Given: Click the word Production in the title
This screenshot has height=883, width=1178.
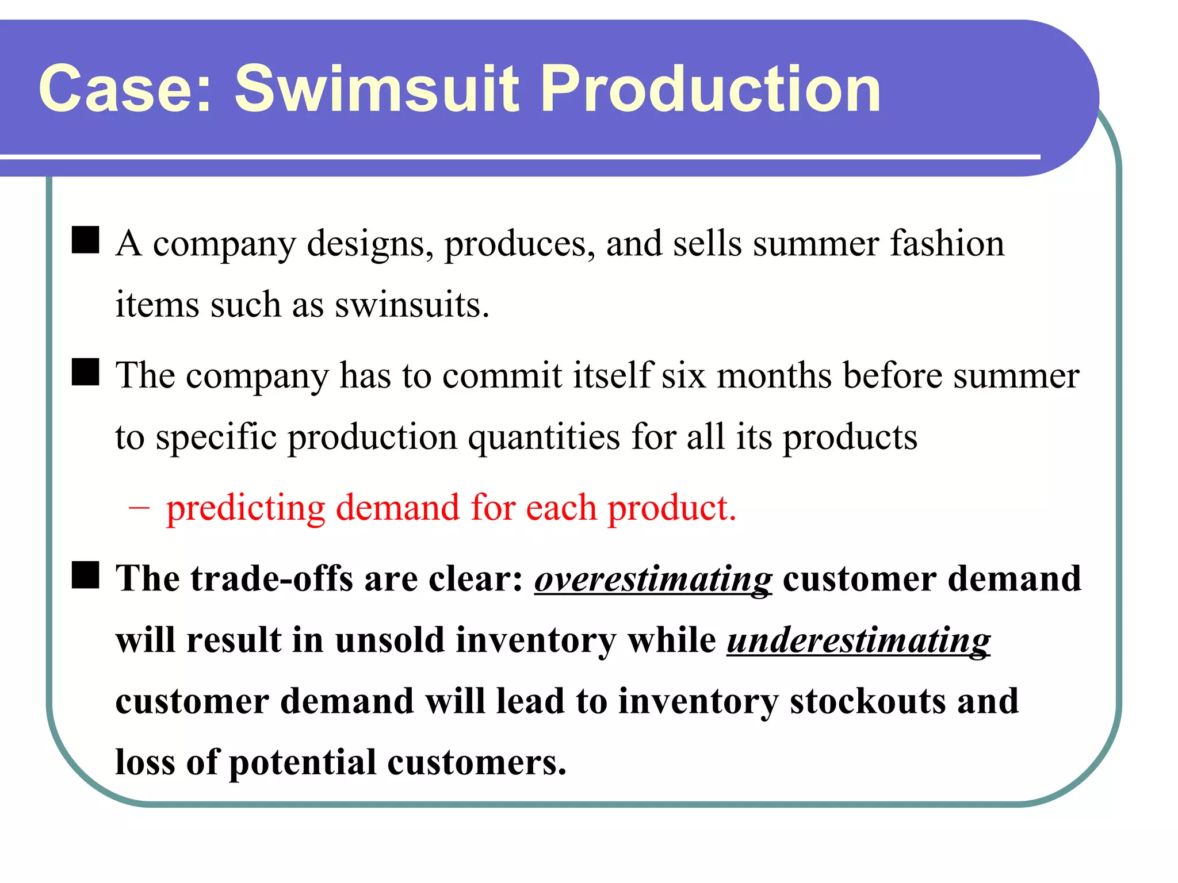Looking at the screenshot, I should coord(710,89).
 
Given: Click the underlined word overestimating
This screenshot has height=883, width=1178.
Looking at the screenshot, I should coord(653,578).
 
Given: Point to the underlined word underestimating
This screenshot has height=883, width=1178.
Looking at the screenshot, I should coord(858,640).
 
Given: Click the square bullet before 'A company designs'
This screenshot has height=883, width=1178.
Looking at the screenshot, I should coord(85,240).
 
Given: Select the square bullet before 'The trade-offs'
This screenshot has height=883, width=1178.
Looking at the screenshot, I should coord(85,575).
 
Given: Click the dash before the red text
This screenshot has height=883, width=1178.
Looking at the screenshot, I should coord(139,508).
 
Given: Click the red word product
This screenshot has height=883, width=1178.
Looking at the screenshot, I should coord(672,508).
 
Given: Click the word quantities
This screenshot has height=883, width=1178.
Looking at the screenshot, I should coord(544,437).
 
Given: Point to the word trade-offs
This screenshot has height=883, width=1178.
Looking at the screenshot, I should coord(271,578).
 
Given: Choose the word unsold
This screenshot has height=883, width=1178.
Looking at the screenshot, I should coord(389,640).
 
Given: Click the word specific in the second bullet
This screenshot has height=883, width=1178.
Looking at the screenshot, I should coord(216,437).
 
